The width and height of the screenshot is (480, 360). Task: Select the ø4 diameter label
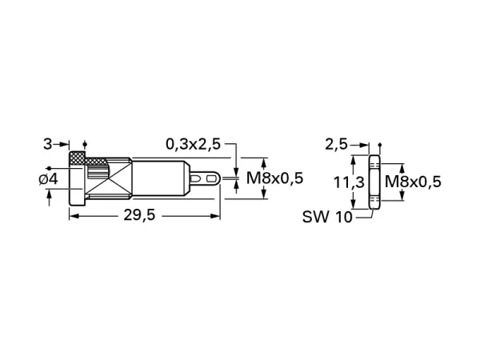(x=48, y=179)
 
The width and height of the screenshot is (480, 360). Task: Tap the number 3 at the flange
(x=47, y=144)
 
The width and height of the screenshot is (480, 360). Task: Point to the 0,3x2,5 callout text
(x=193, y=144)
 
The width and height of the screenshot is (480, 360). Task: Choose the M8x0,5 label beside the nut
(x=413, y=182)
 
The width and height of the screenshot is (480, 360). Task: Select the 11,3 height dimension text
(x=346, y=182)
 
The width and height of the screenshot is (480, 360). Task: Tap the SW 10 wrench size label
(x=327, y=216)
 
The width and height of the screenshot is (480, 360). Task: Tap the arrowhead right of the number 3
(x=64, y=145)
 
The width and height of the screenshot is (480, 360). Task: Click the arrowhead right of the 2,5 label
(x=362, y=145)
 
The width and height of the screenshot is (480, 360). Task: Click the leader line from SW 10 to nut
(x=362, y=213)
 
